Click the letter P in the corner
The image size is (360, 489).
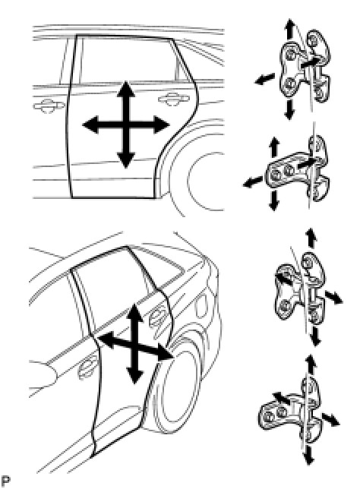coord(5,481)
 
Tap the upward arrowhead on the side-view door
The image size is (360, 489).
coord(125,89)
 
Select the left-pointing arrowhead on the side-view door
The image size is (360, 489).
coord(91,125)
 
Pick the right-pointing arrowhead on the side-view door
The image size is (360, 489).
coord(161,125)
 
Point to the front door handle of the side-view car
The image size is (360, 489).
coord(47,106)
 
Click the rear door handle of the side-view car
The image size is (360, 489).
coord(173,99)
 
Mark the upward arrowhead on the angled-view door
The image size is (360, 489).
coord(134,313)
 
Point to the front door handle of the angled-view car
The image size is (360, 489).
coord(85,371)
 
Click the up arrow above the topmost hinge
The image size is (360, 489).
coord(289,29)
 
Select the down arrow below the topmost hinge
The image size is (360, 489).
coord(289,110)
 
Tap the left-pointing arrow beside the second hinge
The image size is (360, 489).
coord(252,181)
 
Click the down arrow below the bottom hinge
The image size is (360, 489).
coord(308,455)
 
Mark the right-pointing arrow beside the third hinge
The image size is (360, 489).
coord(333,297)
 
